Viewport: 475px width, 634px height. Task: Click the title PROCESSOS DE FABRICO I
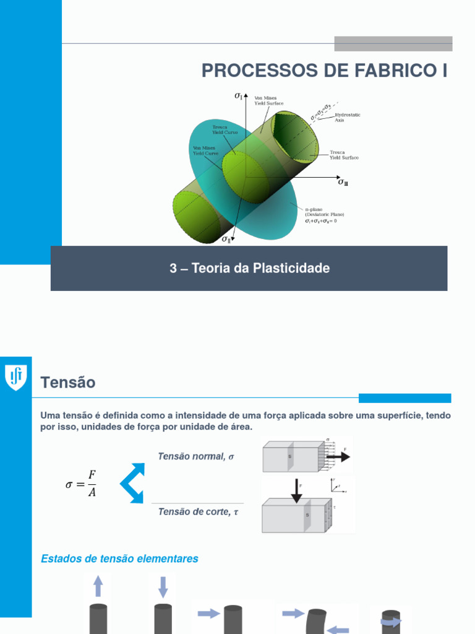(x=324, y=71)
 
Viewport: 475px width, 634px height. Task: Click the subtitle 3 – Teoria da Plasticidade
(x=249, y=268)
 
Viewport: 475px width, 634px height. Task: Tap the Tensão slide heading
(x=68, y=383)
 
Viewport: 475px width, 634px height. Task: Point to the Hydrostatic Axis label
(x=348, y=117)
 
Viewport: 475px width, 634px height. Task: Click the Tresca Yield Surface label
(x=343, y=155)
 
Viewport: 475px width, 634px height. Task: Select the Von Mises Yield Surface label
(x=269, y=100)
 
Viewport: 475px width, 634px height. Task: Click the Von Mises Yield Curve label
(x=204, y=150)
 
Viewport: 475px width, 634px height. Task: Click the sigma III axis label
(x=343, y=182)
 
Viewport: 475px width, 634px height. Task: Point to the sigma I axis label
(x=238, y=95)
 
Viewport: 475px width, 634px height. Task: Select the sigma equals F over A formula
(x=81, y=484)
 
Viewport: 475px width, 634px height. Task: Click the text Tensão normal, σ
(x=196, y=456)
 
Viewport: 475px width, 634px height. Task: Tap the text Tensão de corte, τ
(x=198, y=511)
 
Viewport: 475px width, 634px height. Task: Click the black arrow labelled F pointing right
(x=338, y=457)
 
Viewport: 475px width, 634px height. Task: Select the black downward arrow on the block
(x=297, y=490)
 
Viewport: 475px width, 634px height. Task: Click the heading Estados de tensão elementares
(x=119, y=558)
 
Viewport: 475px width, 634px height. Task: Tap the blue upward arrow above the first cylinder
(x=98, y=586)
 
